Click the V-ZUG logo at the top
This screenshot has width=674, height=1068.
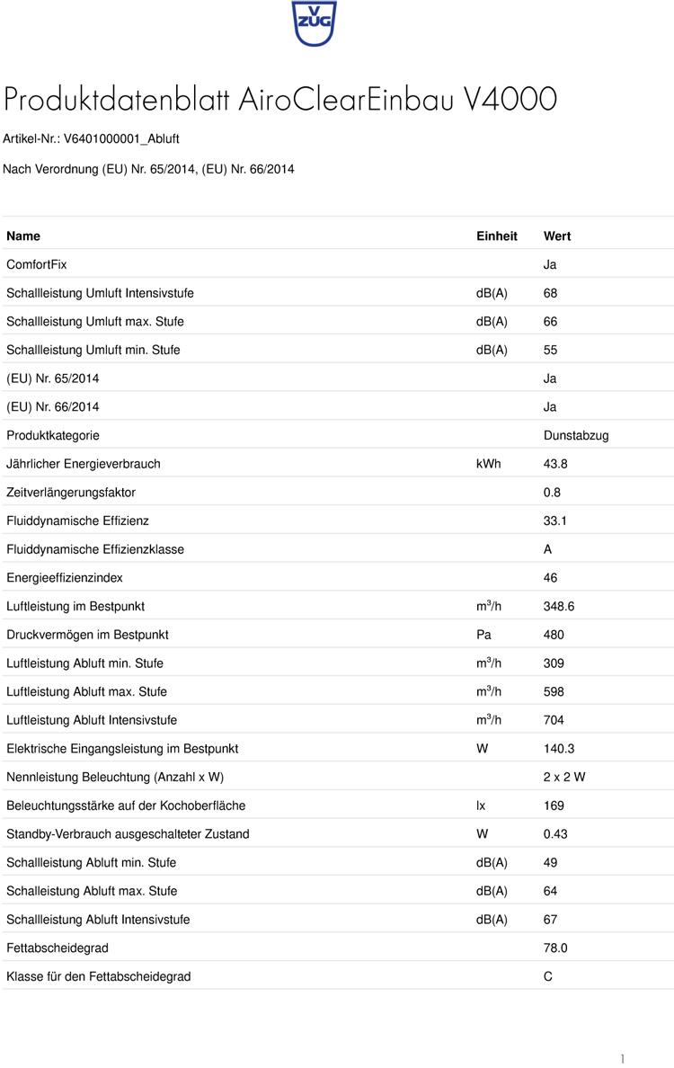click(x=314, y=22)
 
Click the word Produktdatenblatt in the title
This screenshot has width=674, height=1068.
click(x=118, y=99)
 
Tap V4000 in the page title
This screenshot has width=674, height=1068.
click(x=510, y=99)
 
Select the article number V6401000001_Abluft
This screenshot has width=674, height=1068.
click(x=121, y=139)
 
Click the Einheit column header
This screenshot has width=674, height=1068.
click(x=496, y=236)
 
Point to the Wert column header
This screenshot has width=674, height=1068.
click(x=557, y=236)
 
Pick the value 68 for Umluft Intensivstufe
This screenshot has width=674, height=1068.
click(x=551, y=293)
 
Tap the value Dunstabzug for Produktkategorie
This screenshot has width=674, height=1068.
click(x=576, y=435)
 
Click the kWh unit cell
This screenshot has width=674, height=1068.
click(x=488, y=464)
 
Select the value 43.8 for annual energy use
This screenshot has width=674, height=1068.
click(x=555, y=464)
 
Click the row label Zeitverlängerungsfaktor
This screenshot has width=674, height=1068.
click(x=71, y=493)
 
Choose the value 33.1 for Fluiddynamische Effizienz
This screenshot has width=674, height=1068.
click(x=555, y=521)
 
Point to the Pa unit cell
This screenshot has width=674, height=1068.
click(x=483, y=635)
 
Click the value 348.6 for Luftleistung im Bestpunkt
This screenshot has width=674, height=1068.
click(x=559, y=606)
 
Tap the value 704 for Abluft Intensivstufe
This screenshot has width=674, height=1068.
click(x=554, y=720)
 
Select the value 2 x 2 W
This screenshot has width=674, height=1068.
click(x=564, y=777)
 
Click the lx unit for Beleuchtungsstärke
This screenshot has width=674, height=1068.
click(x=481, y=805)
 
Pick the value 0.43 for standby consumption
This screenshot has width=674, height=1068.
click(x=555, y=834)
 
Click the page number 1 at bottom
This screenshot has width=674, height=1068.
click(x=622, y=1058)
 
